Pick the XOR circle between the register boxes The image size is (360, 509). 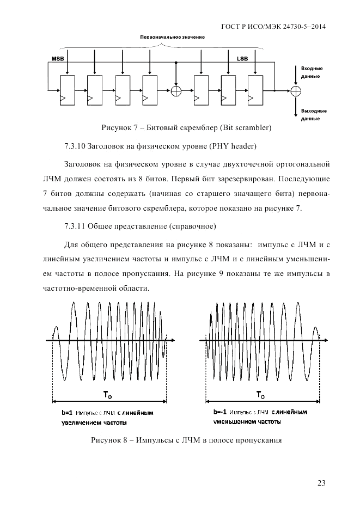176,90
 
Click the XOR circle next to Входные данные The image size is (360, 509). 296,90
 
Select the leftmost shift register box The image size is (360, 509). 67,90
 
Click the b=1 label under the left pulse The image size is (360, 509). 67,413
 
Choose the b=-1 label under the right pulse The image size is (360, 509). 222,412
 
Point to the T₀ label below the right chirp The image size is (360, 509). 261,394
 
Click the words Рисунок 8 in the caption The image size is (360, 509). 108,440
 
